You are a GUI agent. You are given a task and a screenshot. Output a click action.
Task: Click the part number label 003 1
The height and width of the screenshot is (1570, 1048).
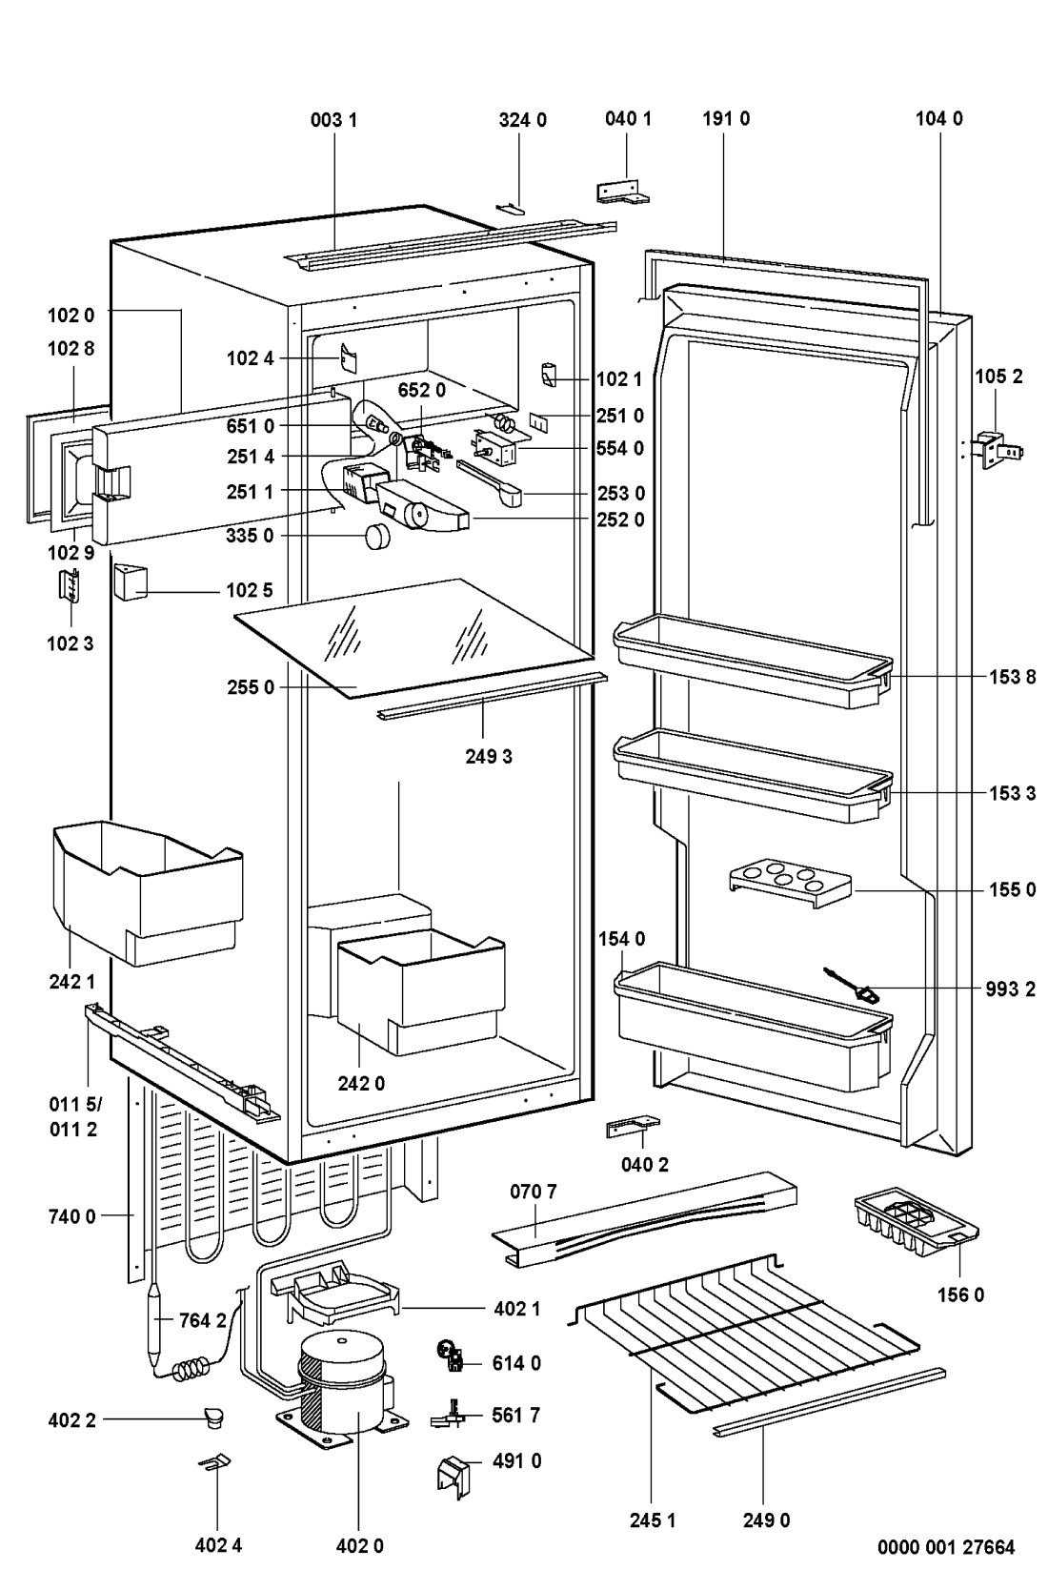pos(333,120)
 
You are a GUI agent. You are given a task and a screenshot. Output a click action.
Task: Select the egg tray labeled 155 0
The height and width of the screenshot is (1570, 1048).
pos(789,883)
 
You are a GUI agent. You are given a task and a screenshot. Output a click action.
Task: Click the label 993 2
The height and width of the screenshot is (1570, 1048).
pos(1011,989)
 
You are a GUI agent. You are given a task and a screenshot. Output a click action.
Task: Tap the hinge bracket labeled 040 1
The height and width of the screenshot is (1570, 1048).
pos(622,191)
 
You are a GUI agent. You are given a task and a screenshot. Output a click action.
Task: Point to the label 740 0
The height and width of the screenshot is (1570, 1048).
pos(71,1215)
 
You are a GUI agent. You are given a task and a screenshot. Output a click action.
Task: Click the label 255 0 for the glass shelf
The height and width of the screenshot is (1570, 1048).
pos(251,687)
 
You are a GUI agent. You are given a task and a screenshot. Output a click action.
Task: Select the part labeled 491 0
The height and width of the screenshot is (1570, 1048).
pos(453,1476)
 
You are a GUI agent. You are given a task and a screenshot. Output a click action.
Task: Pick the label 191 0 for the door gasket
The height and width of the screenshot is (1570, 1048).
pos(725,119)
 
